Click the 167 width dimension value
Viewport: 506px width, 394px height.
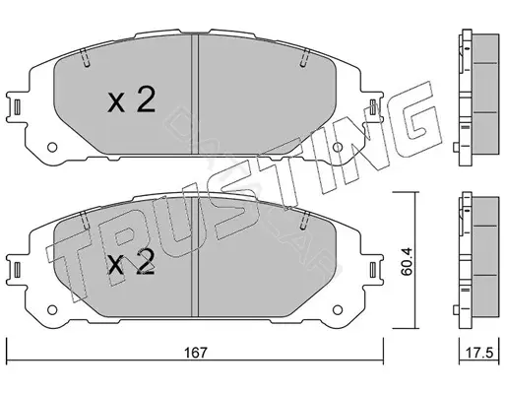coord(196,353)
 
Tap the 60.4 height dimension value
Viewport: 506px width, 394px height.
coord(407,261)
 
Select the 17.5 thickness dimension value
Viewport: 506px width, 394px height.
coord(479,353)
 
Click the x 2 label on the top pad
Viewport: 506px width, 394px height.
coord(131,100)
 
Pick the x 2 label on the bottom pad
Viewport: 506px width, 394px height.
coord(131,262)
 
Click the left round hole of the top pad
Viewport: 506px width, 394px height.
coord(52,147)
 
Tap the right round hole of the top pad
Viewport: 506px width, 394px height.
coord(338,147)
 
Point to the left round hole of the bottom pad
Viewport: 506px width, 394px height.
coord(52,309)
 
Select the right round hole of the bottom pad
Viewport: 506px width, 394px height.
coord(338,309)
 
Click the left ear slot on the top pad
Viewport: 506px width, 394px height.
coord(18,107)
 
